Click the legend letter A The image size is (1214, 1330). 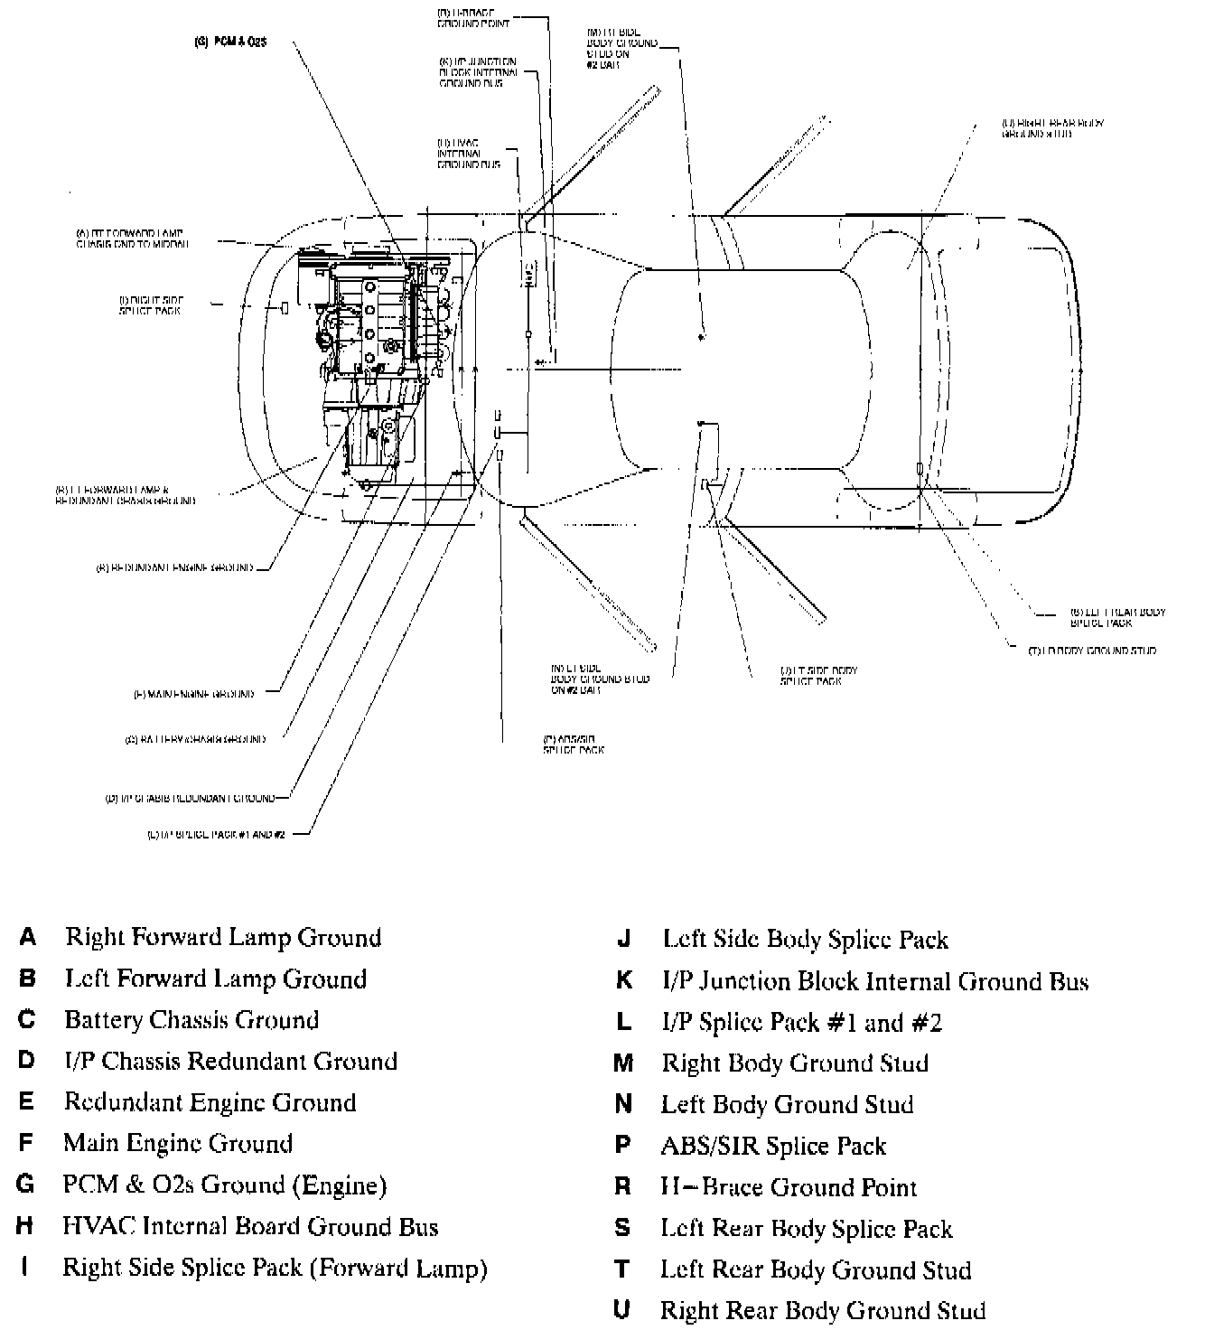28,937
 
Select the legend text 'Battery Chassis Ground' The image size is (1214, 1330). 191,1020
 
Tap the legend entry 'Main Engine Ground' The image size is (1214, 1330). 178,1144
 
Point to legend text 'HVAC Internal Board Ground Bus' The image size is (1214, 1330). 250,1226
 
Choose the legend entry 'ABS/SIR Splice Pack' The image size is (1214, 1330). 773,1147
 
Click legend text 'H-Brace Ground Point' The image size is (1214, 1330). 789,1187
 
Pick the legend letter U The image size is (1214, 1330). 621,1310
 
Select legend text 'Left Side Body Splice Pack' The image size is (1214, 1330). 805,940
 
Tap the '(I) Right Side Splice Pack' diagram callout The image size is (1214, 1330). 150,304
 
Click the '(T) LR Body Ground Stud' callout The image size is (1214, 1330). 1092,651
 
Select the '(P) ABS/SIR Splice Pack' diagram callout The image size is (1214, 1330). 573,745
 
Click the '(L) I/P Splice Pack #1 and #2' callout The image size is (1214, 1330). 216,835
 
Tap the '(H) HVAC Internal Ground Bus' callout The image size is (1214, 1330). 469,154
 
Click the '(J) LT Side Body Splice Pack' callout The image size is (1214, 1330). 818,675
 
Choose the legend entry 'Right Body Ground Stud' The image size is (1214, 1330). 795,1063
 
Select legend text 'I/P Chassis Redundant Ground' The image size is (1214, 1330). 230,1061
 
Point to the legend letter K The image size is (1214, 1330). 623,980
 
